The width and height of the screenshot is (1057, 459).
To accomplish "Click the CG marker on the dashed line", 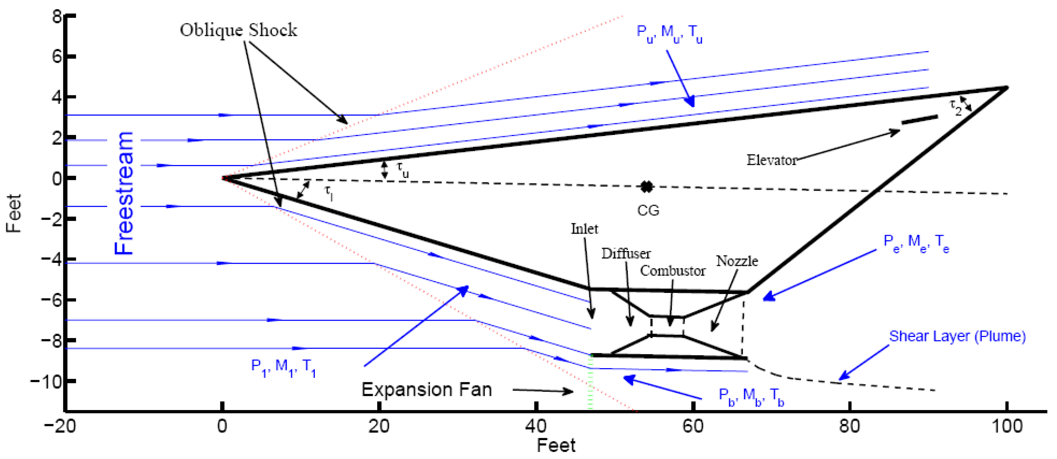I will point(646,186).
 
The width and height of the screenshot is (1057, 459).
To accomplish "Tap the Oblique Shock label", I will point(238,30).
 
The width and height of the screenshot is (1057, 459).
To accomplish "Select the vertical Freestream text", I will point(124,193).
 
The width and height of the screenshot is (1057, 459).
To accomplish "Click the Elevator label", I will point(771,160).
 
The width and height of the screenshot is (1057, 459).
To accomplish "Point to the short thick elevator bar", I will point(919,119).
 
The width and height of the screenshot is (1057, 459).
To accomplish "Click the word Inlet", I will point(584,228).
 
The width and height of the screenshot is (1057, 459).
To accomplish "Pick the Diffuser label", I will point(626,254).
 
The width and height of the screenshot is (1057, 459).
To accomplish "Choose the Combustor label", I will point(672,271).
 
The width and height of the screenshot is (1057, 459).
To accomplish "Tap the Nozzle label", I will point(737,261).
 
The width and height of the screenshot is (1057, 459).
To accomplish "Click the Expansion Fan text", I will point(427,389).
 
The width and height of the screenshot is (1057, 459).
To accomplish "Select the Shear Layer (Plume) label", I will point(957,336).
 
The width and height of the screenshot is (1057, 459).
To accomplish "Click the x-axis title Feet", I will point(556,445).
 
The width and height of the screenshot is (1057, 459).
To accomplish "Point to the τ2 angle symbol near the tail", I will point(956,108).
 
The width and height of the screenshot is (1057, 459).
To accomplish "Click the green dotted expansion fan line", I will point(590,382).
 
